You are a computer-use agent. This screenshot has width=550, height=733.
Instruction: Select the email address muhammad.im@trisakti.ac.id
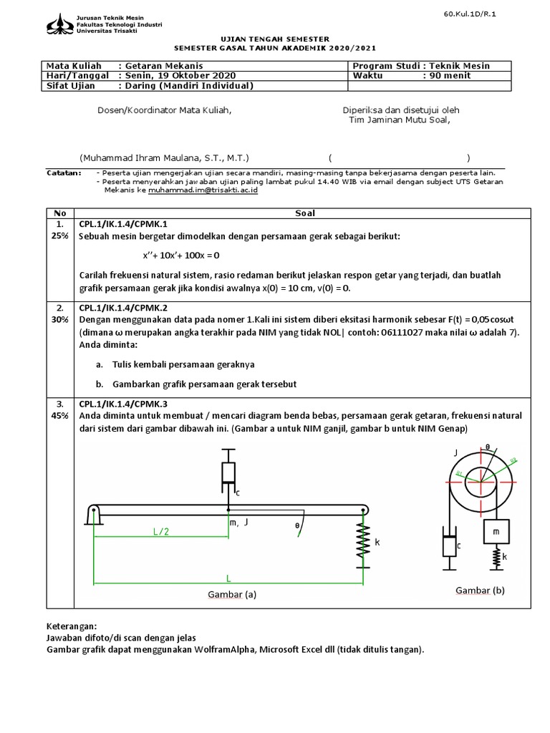tap(203, 191)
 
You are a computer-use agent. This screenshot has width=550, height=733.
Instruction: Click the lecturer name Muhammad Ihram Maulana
tap(165, 158)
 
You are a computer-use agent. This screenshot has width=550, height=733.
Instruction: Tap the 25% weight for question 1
tap(60, 236)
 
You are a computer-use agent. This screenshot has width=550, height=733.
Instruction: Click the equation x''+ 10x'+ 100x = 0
tap(180, 255)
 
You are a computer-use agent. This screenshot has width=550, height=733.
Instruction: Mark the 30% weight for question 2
tap(60, 320)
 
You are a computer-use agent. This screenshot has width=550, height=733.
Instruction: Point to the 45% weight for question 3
tap(60, 415)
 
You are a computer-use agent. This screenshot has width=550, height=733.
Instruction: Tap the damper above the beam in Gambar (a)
tap(228, 474)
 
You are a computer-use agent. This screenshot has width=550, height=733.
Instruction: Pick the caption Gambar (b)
tap(481, 590)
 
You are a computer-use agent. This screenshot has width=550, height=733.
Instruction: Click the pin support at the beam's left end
tap(94, 513)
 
